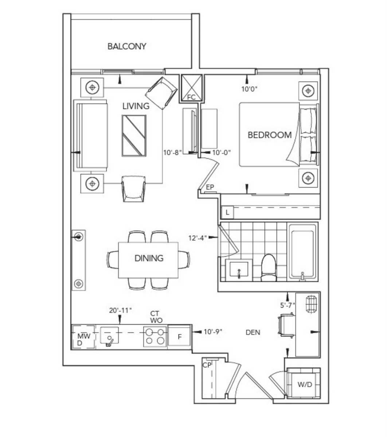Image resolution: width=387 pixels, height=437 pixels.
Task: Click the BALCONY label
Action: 127,46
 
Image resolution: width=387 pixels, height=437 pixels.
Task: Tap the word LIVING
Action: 136,106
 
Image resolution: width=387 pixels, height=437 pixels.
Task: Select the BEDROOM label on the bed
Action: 269,135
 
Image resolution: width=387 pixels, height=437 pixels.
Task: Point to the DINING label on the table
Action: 149,258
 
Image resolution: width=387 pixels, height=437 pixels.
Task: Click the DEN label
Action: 253,332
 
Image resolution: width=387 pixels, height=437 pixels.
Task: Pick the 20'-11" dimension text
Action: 120,310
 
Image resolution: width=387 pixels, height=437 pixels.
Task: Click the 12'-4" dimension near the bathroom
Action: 198,238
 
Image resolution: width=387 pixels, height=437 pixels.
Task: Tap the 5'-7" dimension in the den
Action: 288,305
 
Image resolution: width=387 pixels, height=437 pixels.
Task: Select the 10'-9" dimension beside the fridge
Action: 213,331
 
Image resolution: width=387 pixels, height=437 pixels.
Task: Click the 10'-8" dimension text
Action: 172,153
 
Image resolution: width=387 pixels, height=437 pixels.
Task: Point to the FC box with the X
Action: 191,88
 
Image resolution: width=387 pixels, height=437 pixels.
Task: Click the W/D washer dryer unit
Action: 305,385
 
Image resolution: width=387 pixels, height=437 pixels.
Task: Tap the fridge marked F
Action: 179,337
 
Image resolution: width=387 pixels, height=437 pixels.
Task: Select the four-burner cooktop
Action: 155,336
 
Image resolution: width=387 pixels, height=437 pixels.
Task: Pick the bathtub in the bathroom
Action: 302,252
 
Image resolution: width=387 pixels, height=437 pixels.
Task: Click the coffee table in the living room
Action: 134,135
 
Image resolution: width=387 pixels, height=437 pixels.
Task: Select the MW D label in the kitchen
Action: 84,339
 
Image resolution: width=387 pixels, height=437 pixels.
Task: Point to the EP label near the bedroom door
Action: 210,187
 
